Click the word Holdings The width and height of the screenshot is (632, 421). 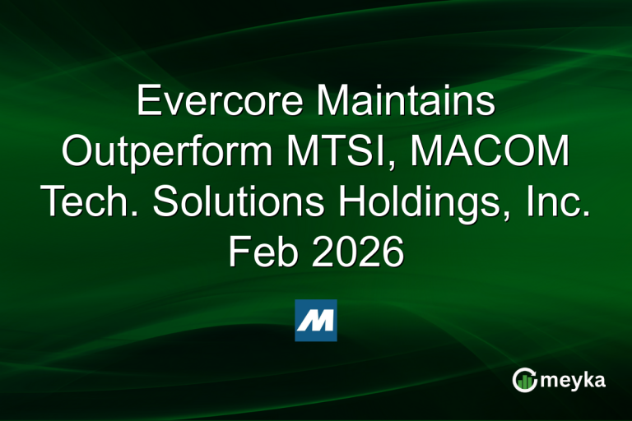(x=426, y=203)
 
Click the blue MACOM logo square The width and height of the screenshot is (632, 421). (x=316, y=320)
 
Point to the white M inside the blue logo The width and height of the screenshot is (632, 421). (x=316, y=321)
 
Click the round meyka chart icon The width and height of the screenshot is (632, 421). (x=524, y=379)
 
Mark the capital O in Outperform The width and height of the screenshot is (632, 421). (x=78, y=153)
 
